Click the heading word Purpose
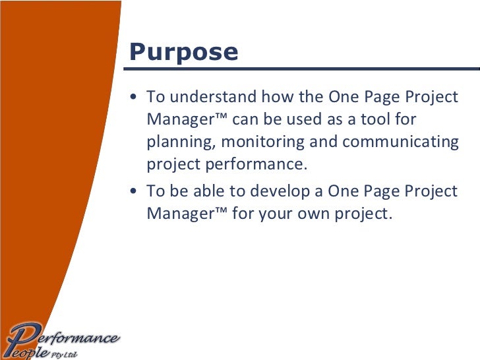click(183, 51)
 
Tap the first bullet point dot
click(135, 98)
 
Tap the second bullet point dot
click(135, 192)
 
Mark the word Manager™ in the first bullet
click(187, 120)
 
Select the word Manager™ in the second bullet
click(187, 214)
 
